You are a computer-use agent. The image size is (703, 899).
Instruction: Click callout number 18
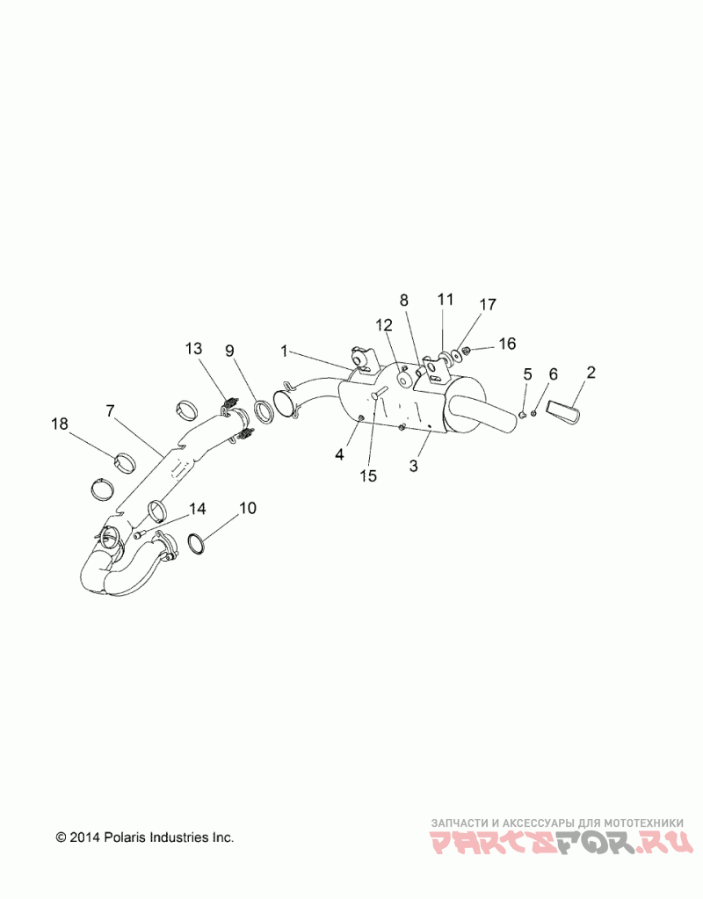(59, 424)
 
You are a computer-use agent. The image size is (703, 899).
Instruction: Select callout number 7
(110, 410)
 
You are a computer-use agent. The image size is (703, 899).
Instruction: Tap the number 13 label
(193, 350)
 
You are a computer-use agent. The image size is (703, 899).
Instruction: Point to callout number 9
(229, 351)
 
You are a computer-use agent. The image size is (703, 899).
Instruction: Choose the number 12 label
(384, 324)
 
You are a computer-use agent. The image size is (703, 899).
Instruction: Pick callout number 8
(404, 300)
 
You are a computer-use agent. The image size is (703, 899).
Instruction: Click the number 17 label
(487, 305)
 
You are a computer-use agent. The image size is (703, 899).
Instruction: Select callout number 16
(508, 343)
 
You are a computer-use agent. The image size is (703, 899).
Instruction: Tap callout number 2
(591, 372)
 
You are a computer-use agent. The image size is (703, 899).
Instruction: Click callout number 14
(197, 508)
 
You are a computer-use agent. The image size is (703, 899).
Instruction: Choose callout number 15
(368, 475)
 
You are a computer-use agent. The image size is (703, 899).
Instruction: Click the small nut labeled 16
(466, 351)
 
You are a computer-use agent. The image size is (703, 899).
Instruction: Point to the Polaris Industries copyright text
(145, 837)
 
